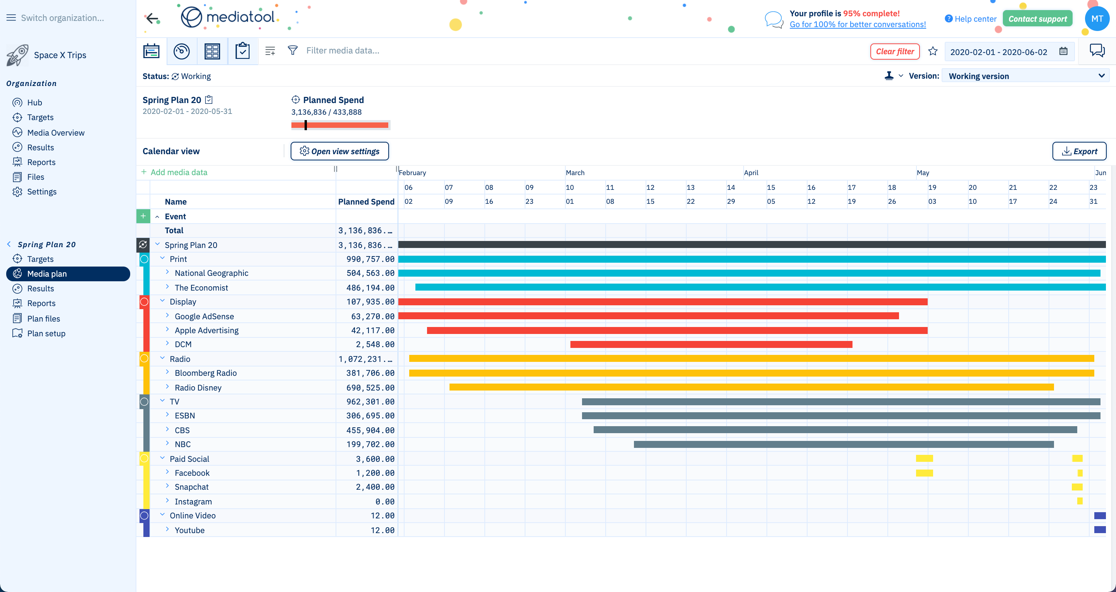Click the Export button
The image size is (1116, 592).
1079,151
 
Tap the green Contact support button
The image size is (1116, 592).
1037,19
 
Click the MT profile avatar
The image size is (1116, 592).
1097,19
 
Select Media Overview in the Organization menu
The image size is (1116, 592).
55,133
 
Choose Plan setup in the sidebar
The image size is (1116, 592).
46,334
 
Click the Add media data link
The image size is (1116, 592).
179,172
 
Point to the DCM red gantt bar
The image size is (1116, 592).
711,344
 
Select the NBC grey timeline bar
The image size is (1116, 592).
843,444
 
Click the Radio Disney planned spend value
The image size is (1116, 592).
370,387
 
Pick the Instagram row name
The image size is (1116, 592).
193,501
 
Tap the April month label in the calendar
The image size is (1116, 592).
751,173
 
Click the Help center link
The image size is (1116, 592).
975,19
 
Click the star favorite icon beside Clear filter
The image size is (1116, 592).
933,52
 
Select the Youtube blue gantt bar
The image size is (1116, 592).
1100,530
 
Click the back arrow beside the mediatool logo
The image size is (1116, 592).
152,18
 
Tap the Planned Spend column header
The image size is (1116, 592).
366,202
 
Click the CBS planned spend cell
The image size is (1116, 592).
370,430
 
